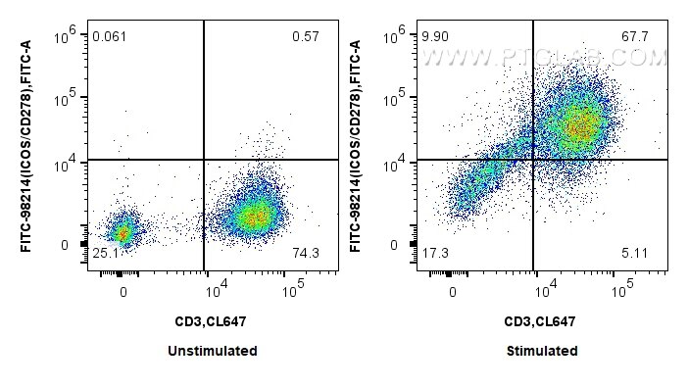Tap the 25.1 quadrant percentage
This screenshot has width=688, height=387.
[x=106, y=254]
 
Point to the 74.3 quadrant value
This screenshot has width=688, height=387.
[x=305, y=254]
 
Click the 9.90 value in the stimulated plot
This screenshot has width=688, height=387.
[x=434, y=36]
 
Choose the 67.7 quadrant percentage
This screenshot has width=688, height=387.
[x=634, y=36]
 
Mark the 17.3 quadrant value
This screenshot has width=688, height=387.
[x=434, y=254]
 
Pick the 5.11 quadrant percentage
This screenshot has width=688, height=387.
[x=634, y=254]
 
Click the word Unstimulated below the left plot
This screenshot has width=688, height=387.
[x=213, y=351]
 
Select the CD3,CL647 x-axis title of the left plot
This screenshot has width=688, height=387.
[x=213, y=320]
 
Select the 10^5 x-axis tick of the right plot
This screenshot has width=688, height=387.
[x=619, y=290]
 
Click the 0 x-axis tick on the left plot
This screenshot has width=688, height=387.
[x=123, y=291]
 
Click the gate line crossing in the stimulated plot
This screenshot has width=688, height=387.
[x=533, y=159]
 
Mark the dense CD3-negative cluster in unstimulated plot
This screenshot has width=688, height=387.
[x=123, y=233]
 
